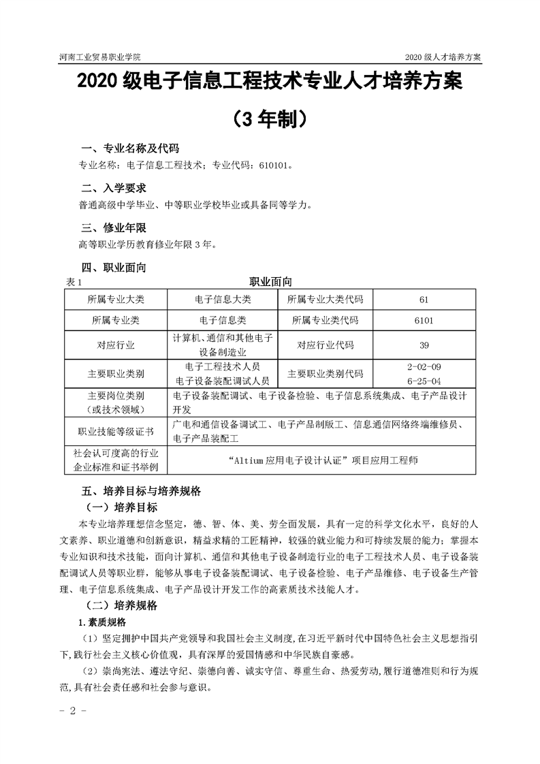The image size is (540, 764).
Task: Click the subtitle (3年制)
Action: (x=270, y=118)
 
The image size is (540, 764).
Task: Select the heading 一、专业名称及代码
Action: (x=131, y=149)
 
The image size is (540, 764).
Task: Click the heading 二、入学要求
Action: (x=114, y=189)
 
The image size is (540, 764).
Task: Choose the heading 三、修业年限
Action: (x=114, y=227)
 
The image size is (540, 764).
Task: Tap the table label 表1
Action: (x=72, y=281)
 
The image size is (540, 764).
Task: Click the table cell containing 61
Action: (x=424, y=300)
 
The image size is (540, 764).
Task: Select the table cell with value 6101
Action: (x=424, y=320)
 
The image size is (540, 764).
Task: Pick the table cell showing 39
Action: (x=424, y=345)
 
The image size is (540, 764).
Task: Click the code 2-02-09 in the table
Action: (x=424, y=366)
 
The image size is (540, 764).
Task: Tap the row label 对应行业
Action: (x=116, y=345)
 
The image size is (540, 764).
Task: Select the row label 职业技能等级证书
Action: (x=116, y=432)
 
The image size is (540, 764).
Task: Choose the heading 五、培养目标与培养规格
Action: (x=141, y=490)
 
